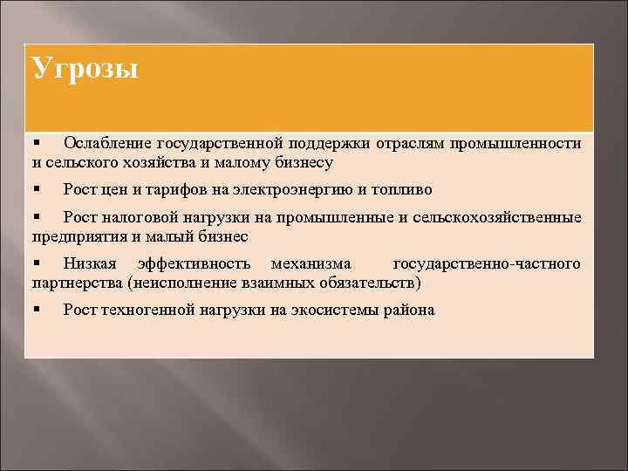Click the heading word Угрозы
[x=85, y=68]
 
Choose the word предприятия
[x=76, y=235]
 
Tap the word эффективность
[x=194, y=263]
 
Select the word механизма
[x=311, y=263]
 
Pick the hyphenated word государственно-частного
[x=487, y=263]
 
